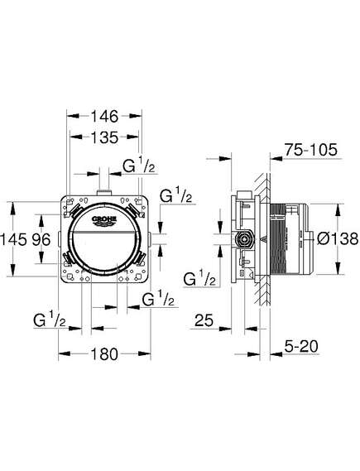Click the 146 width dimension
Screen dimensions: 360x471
[104, 116]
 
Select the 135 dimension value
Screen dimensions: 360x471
[104, 137]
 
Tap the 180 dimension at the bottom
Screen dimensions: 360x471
[104, 354]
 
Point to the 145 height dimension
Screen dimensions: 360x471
[14, 240]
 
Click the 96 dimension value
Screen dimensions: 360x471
[41, 240]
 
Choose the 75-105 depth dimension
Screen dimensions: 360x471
[311, 149]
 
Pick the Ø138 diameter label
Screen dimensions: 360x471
[338, 239]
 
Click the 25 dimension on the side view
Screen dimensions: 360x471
[204, 320]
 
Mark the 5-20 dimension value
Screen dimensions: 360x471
[301, 346]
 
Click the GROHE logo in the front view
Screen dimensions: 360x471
[104, 221]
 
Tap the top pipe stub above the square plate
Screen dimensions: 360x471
[104, 193]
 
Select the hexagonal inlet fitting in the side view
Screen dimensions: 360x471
[244, 239]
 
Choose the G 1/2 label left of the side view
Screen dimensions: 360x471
[199, 278]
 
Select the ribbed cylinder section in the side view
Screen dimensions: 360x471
[278, 239]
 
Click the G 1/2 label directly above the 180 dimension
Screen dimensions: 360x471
[158, 298]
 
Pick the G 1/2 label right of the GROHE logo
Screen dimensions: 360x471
[175, 195]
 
